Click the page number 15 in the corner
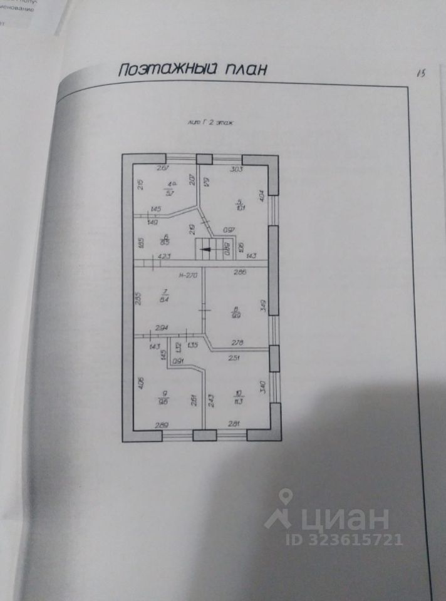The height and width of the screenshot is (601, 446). click(420, 73)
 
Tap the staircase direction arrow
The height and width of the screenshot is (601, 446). click(205, 250)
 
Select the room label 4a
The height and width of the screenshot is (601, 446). click(169, 183)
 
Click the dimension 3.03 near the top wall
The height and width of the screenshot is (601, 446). click(237, 170)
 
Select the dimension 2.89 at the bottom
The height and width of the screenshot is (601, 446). click(161, 426)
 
